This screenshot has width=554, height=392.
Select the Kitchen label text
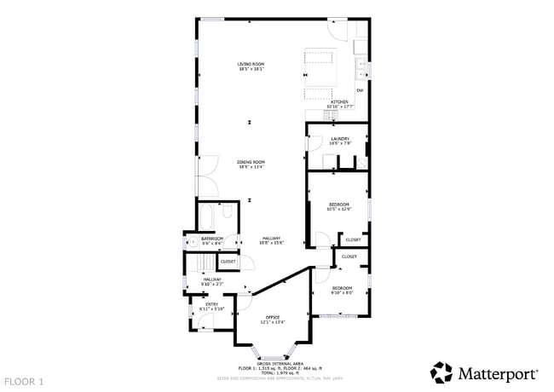[x=339, y=102]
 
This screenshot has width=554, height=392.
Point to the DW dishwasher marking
[x=360, y=90]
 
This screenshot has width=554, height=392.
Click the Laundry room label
[x=340, y=138]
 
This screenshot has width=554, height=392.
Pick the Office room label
[x=272, y=317]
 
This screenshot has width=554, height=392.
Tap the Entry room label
[x=211, y=303]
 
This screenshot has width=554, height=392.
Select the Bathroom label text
[x=211, y=238]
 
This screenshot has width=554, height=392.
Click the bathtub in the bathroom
[x=209, y=216]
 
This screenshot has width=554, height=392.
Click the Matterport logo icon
[x=441, y=372]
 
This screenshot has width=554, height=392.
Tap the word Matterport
[x=499, y=373]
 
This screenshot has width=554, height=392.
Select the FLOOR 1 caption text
[x=24, y=381]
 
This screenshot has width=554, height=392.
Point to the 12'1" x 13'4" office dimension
[x=272, y=322]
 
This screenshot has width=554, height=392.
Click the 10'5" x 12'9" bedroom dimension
[x=340, y=210]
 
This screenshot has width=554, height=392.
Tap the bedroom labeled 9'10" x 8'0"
[x=342, y=290]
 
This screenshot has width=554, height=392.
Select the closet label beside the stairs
[x=228, y=262]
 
